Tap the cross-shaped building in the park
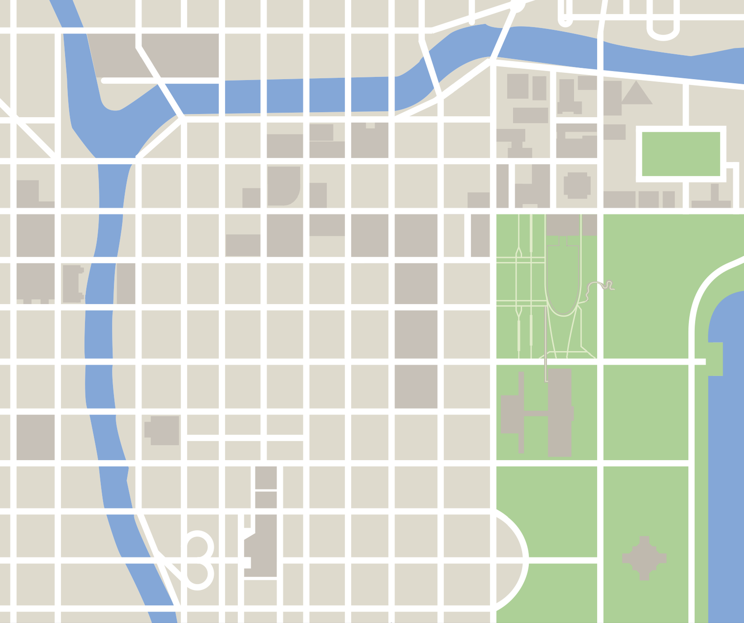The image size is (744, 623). click(644, 558)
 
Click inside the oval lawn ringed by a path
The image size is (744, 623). click(563, 284)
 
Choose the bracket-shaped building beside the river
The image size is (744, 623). click(73, 284)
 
